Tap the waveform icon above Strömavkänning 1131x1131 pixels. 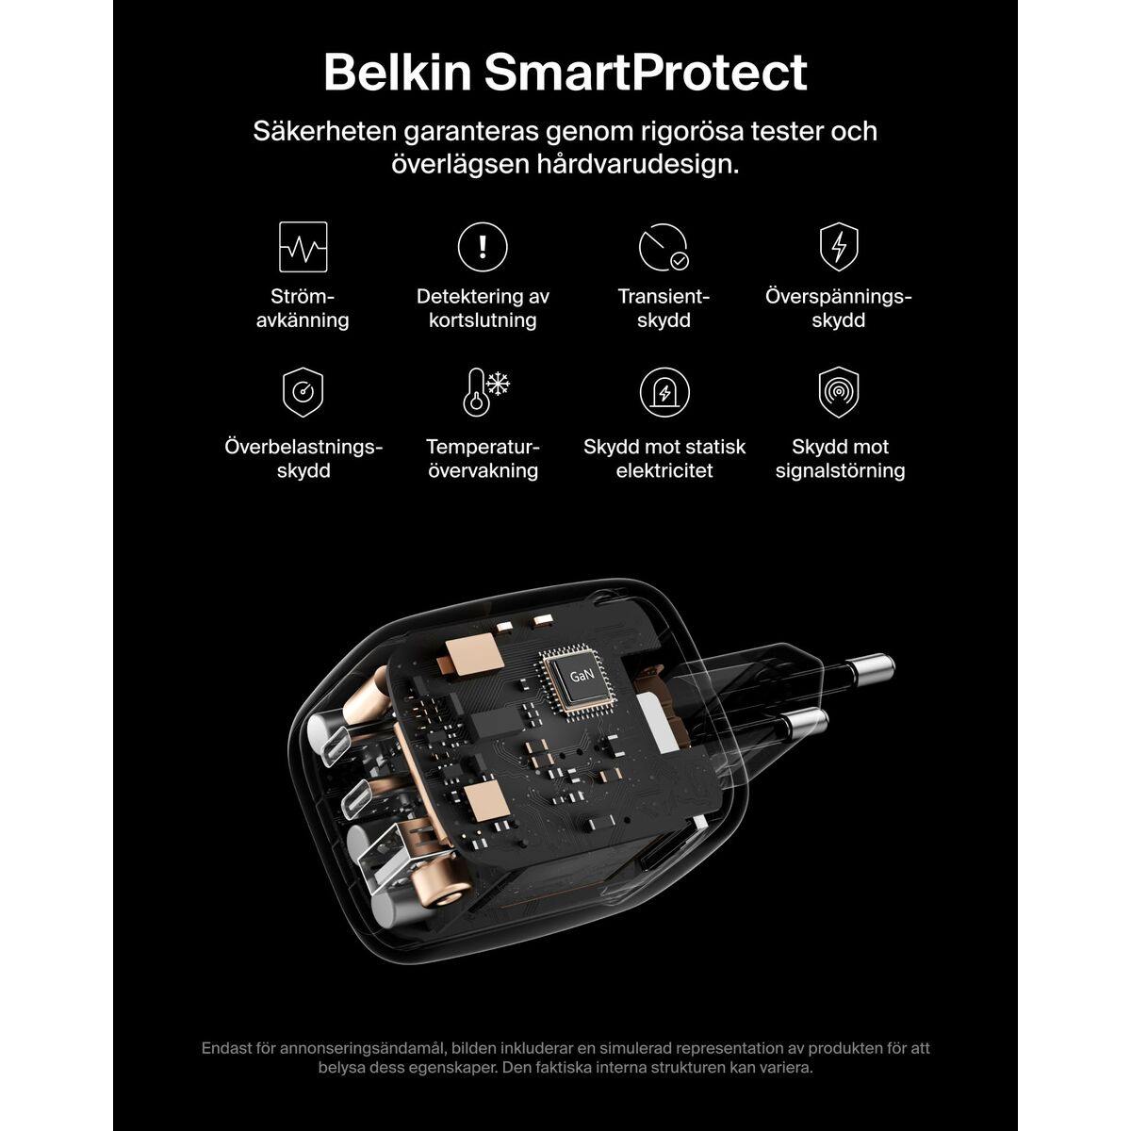(x=303, y=247)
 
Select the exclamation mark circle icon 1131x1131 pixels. (x=483, y=247)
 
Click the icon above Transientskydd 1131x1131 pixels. (x=664, y=248)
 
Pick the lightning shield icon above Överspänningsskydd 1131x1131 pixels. (x=839, y=247)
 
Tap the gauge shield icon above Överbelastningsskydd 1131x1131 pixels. (x=303, y=392)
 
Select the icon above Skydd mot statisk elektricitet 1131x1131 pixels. (x=664, y=392)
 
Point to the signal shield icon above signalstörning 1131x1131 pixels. (x=839, y=392)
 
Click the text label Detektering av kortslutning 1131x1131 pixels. (x=483, y=308)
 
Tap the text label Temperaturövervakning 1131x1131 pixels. (x=483, y=459)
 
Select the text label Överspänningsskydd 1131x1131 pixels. (x=839, y=308)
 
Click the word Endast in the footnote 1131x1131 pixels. (x=226, y=1048)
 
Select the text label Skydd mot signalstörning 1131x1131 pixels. (x=840, y=459)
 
